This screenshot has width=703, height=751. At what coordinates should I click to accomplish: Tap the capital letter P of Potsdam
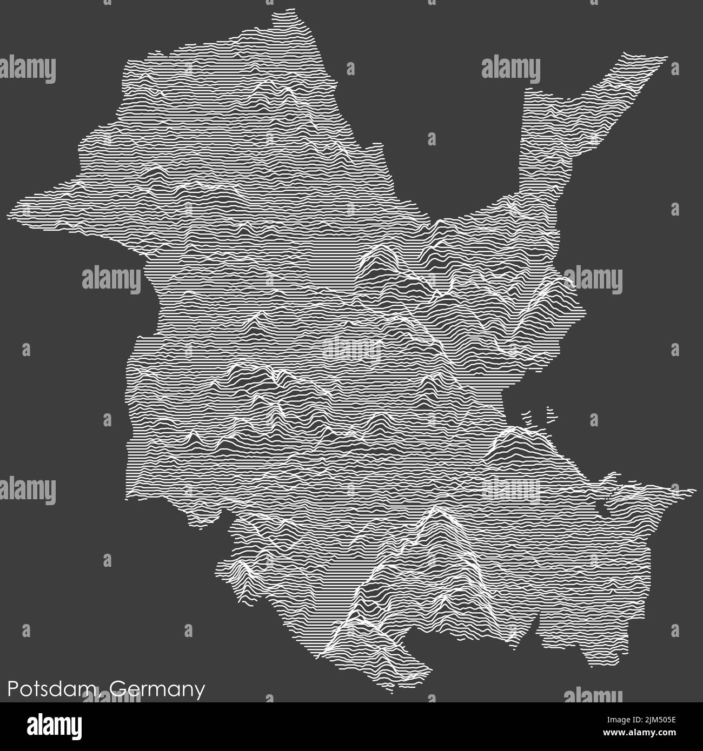(x=12, y=689)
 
